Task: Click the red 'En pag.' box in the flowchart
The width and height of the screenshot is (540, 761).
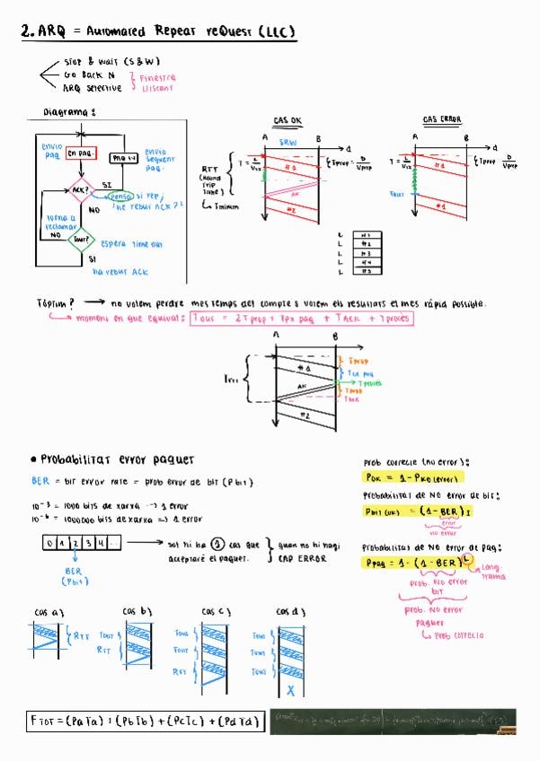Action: pyautogui.click(x=82, y=153)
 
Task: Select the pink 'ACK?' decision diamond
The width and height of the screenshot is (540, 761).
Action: pyautogui.click(x=80, y=191)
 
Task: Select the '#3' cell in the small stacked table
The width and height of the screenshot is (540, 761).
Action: pyautogui.click(x=366, y=253)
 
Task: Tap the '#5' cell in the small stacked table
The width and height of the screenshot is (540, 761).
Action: pyautogui.click(x=366, y=270)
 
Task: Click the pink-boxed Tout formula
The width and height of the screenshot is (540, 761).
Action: pyautogui.click(x=302, y=319)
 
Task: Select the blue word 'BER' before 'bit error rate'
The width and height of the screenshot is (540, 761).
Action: pyautogui.click(x=40, y=482)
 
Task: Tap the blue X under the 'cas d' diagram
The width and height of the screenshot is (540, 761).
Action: pyautogui.click(x=290, y=691)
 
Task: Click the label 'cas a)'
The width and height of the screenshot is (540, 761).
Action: pyautogui.click(x=49, y=612)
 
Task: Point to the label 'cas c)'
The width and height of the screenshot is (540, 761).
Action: pyautogui.click(x=214, y=612)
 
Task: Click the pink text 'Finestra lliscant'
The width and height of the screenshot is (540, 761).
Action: pyautogui.click(x=158, y=83)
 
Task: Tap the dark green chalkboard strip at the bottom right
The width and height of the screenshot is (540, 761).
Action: pyautogui.click(x=393, y=721)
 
